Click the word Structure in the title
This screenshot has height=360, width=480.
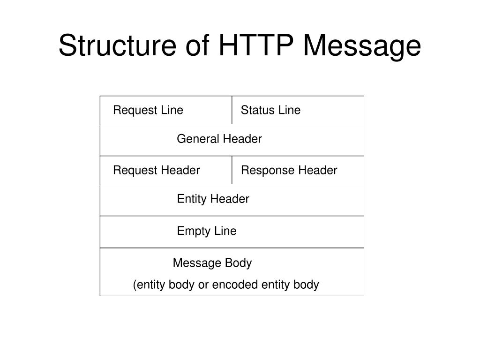(118, 45)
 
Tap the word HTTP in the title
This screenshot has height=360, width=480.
(256, 45)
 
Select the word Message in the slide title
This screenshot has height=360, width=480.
(362, 46)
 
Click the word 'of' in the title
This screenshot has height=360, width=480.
(198, 45)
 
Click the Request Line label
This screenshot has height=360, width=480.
(148, 110)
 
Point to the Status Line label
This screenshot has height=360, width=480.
(270, 110)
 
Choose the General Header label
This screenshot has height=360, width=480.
(219, 139)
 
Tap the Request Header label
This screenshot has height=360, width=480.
(157, 170)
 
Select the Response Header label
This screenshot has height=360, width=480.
(289, 170)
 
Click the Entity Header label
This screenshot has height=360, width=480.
(213, 199)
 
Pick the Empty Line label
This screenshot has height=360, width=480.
(207, 231)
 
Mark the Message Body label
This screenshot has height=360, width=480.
(212, 263)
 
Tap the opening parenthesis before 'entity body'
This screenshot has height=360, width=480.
(135, 285)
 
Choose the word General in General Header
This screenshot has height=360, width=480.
(198, 139)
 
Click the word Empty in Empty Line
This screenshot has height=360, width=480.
(194, 231)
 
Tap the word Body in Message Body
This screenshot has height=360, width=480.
(238, 263)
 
